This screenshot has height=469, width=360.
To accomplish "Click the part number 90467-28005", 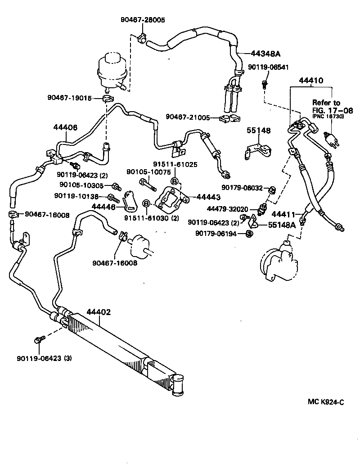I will tap(143, 20).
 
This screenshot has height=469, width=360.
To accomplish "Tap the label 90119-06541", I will tap(268, 67).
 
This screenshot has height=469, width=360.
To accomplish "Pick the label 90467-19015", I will tap(69, 98).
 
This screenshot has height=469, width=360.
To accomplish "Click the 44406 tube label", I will tap(65, 128).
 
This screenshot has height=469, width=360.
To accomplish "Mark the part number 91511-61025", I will tap(175, 165).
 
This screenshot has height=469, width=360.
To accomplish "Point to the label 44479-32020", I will tap(229, 209).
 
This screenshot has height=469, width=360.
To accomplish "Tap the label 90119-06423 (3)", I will tap(44, 358).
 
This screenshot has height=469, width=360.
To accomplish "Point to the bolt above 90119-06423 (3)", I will tap(40, 339).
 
